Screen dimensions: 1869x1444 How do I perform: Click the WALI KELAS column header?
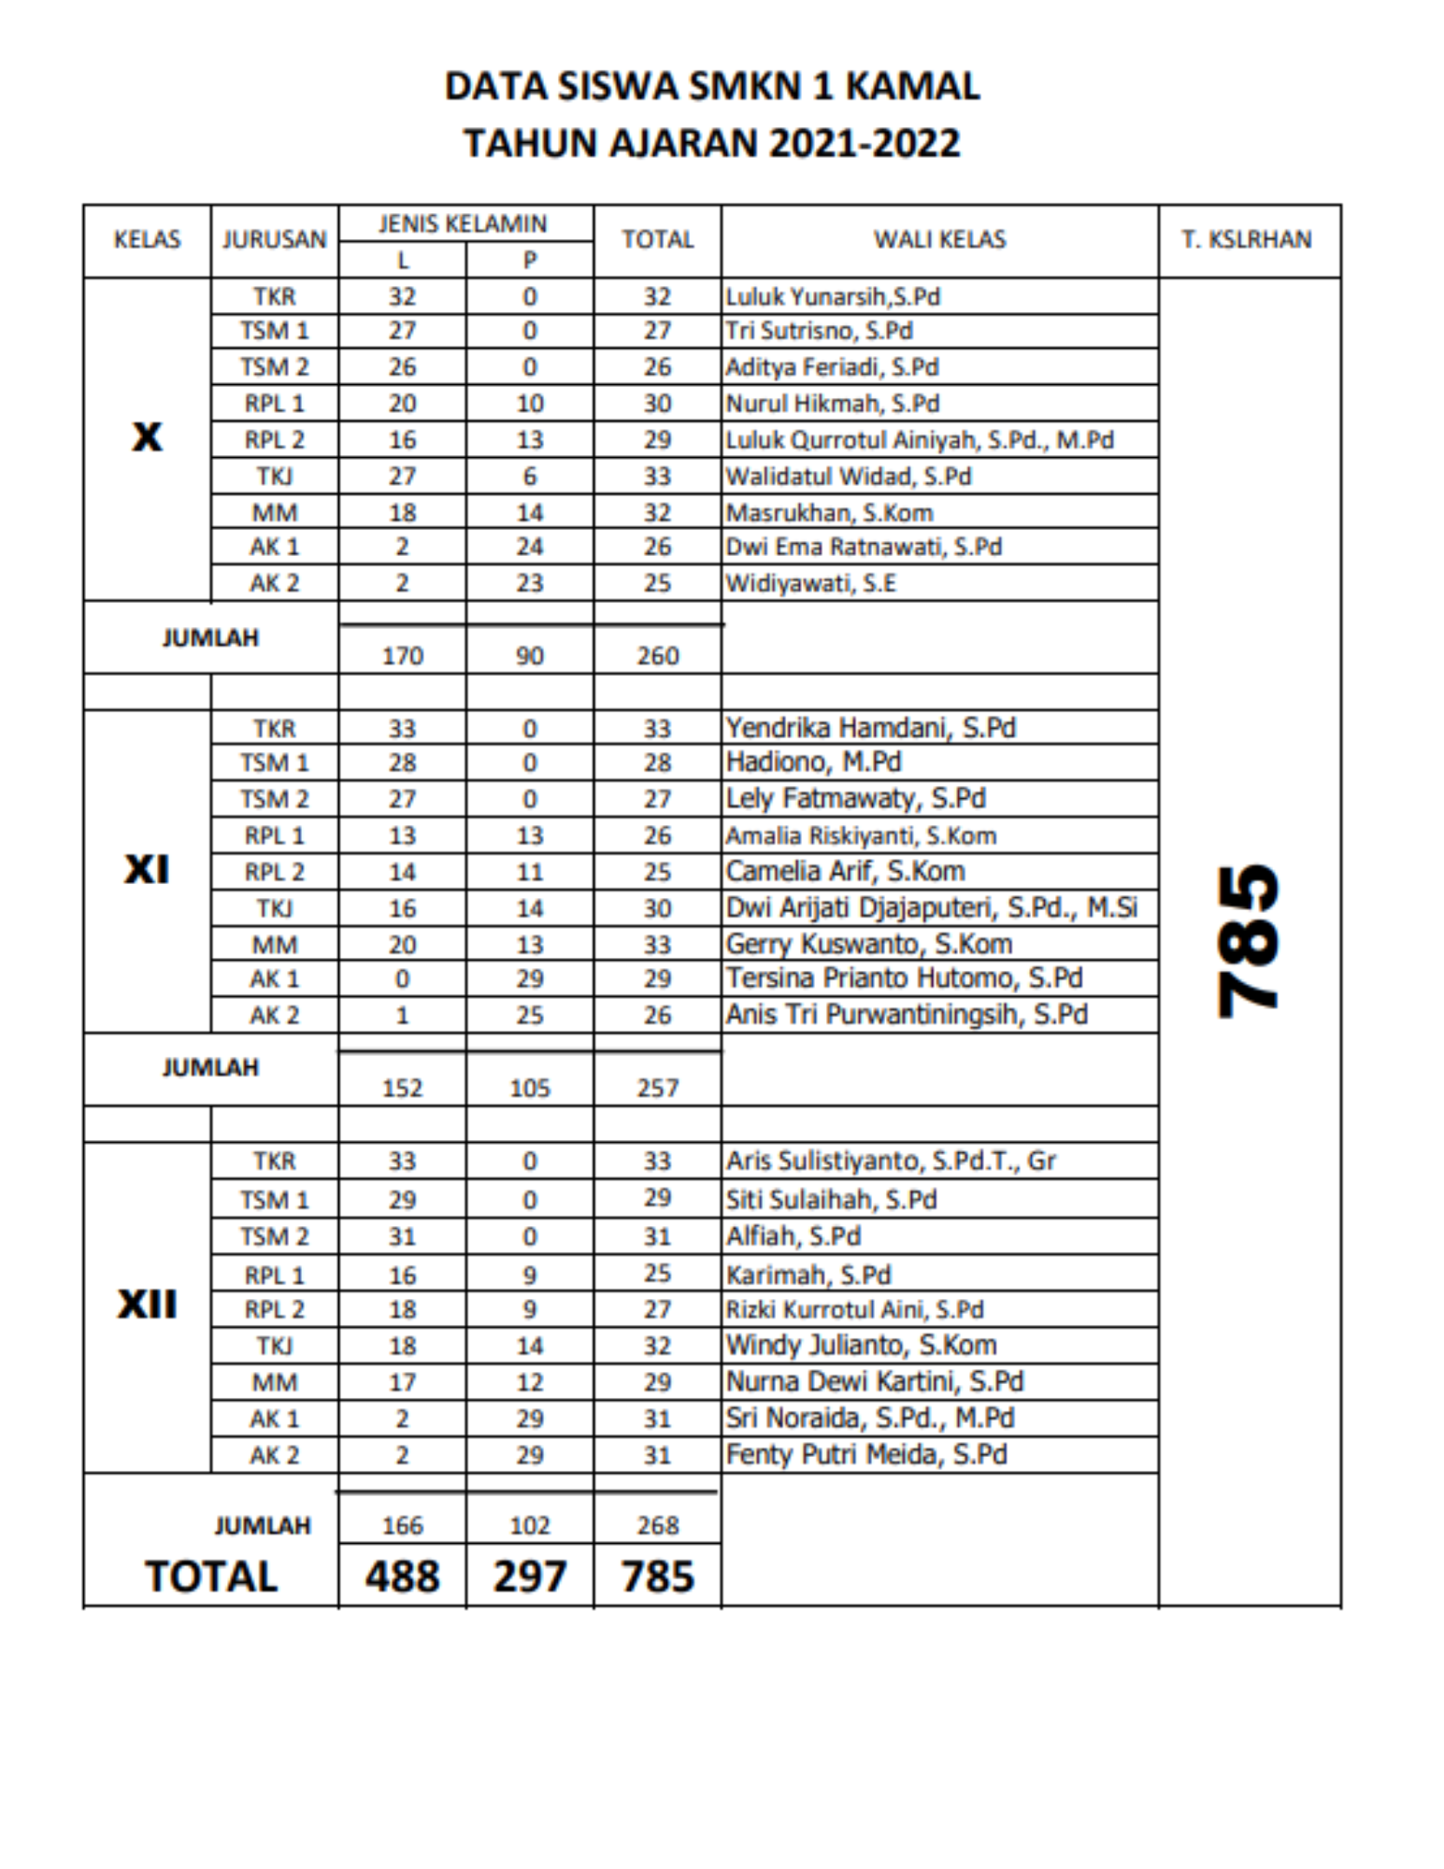[x=939, y=239]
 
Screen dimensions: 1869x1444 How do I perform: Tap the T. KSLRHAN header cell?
[x=1247, y=239]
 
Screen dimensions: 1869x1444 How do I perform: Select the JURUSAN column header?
[x=274, y=239]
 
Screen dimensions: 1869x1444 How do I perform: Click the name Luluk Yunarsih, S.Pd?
[x=833, y=296]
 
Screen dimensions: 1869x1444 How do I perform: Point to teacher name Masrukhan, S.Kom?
[x=829, y=512]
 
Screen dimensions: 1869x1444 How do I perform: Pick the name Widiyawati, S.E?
[x=810, y=583]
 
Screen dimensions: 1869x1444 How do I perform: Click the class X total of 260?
[x=657, y=656]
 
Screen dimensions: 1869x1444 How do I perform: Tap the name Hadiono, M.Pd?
[x=813, y=763]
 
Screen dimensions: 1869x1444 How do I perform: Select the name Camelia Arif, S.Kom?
[x=845, y=871]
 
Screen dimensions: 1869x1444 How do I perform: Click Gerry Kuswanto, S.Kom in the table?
[x=869, y=944]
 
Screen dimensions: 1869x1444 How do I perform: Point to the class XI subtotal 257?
[x=657, y=1088]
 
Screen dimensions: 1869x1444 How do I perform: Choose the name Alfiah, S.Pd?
[x=793, y=1236]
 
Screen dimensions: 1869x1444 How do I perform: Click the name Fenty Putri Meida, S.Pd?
[x=866, y=1455]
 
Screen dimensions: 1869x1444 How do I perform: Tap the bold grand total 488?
[x=402, y=1577]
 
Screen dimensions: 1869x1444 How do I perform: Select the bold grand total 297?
[x=529, y=1577]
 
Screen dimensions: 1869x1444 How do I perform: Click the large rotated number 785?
[x=1248, y=939]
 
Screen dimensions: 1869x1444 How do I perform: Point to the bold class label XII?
[x=147, y=1304]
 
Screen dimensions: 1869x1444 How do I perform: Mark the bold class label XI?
[x=147, y=870]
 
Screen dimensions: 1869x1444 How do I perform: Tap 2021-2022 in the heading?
[x=865, y=143]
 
